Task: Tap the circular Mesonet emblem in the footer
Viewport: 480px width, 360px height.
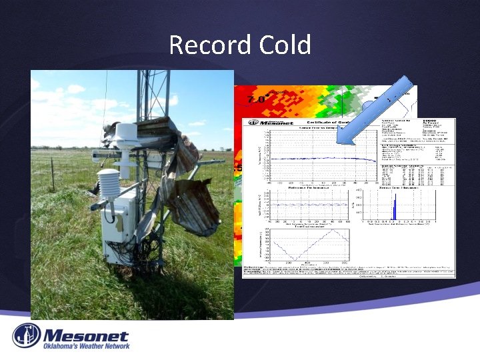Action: (27, 336)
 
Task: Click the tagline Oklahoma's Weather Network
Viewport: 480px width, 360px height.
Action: (86, 346)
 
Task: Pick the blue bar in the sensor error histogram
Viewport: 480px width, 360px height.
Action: (393, 211)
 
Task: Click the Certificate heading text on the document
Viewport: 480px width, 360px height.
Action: (327, 122)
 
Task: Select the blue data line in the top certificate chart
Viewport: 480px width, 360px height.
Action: (313, 158)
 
